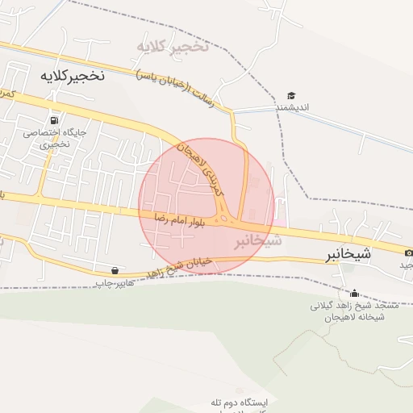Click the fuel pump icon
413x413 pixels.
point(55,119)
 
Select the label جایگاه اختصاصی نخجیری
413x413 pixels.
point(55,137)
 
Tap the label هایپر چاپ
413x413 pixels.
point(113,283)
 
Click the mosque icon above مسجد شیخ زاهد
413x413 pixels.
point(354,294)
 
